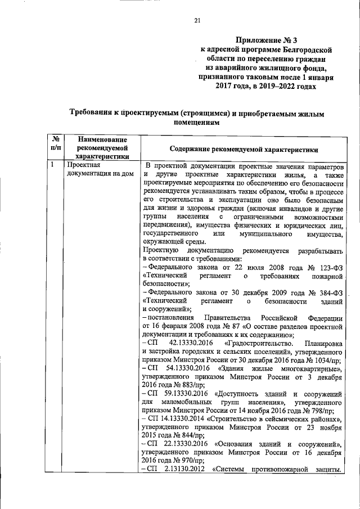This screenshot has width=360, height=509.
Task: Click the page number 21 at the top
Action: (x=197, y=21)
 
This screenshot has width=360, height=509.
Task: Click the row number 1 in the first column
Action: (x=52, y=165)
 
